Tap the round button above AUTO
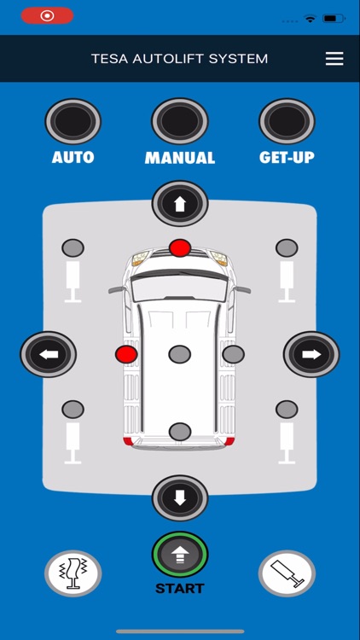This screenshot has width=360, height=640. (x=73, y=121)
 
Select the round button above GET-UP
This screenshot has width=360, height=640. (x=287, y=121)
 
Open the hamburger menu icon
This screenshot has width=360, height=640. (x=334, y=59)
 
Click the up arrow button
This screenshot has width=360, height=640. (x=180, y=204)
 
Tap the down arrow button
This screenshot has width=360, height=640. (x=180, y=497)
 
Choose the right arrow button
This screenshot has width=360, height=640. (x=311, y=354)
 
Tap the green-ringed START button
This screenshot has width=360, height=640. (x=180, y=555)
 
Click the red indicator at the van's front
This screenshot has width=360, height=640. (x=180, y=248)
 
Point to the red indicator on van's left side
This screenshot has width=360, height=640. (x=126, y=354)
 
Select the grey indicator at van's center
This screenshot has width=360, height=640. (x=180, y=354)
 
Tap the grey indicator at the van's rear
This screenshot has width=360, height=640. (x=180, y=432)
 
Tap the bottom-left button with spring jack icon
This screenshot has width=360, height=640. (x=73, y=573)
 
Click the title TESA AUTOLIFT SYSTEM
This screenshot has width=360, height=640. (x=180, y=59)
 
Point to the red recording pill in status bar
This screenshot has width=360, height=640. (x=47, y=16)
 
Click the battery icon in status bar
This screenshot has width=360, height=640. (x=334, y=18)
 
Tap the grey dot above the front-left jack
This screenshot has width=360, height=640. (x=73, y=248)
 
